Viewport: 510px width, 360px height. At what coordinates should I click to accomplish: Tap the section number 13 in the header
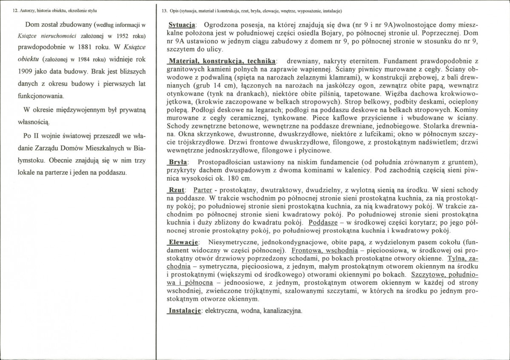[165, 11]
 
